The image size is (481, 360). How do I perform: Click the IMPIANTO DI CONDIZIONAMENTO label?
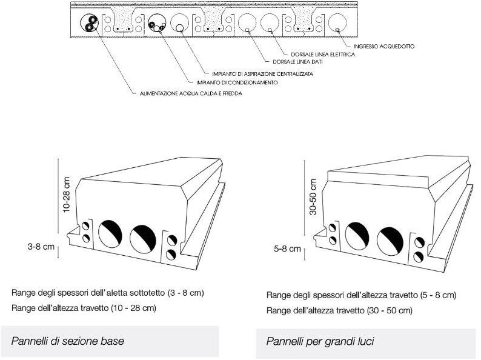click(237, 82)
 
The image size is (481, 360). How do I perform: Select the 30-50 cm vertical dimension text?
click(313, 197)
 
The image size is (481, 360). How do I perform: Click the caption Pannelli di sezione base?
click(67, 341)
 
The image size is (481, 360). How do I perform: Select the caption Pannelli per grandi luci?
click(320, 342)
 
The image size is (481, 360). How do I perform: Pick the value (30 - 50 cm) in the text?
click(388, 310)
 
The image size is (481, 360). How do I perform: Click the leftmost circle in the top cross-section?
click(91, 24)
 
